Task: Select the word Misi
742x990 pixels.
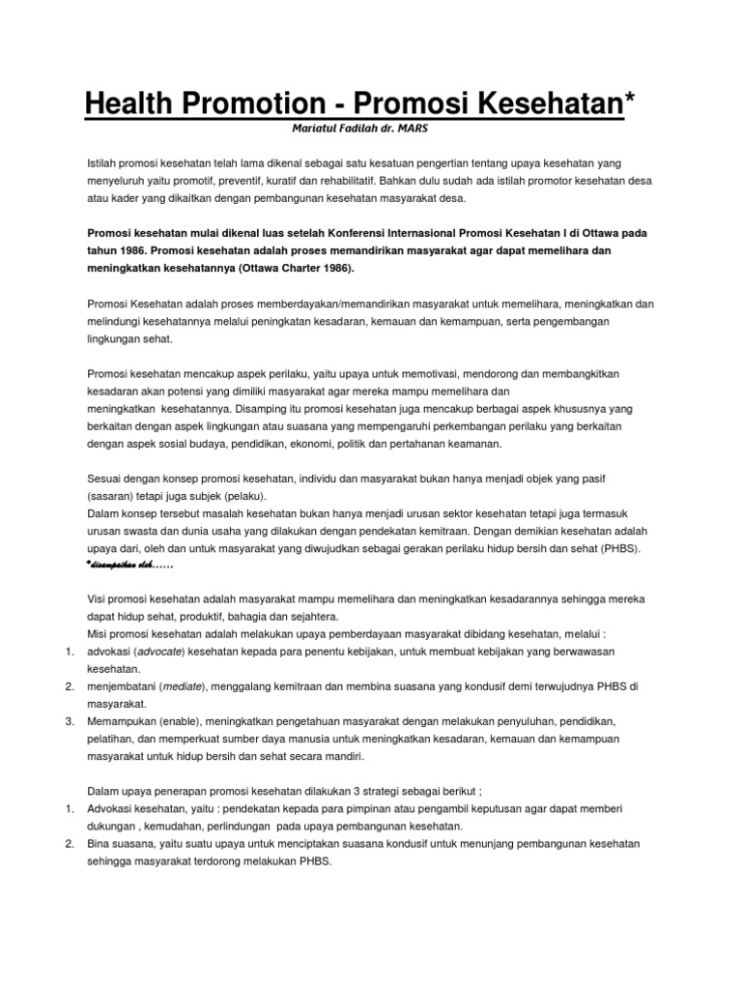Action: [x=99, y=634]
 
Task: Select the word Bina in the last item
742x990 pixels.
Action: [x=100, y=844]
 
